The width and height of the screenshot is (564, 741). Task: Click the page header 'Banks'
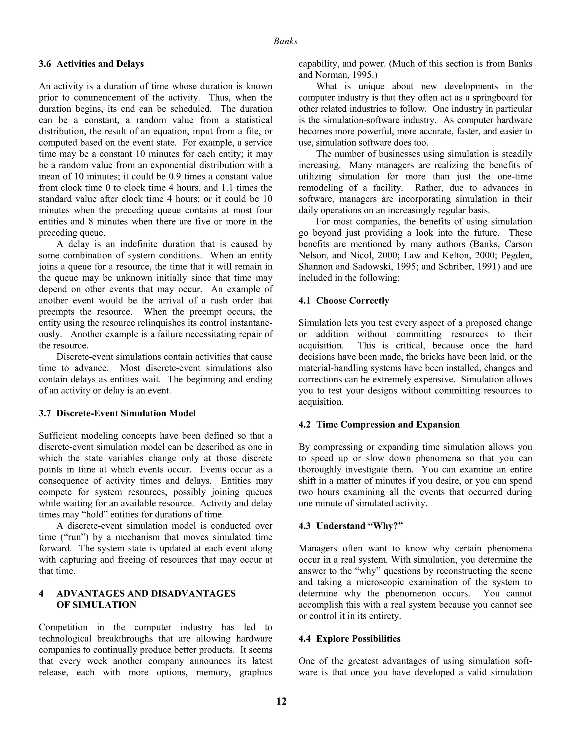tap(285, 41)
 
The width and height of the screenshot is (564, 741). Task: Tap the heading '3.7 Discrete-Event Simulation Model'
tap(117, 413)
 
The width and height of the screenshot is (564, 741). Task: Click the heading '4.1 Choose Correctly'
tap(343, 300)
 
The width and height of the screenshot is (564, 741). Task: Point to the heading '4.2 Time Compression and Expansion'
tap(379, 425)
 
